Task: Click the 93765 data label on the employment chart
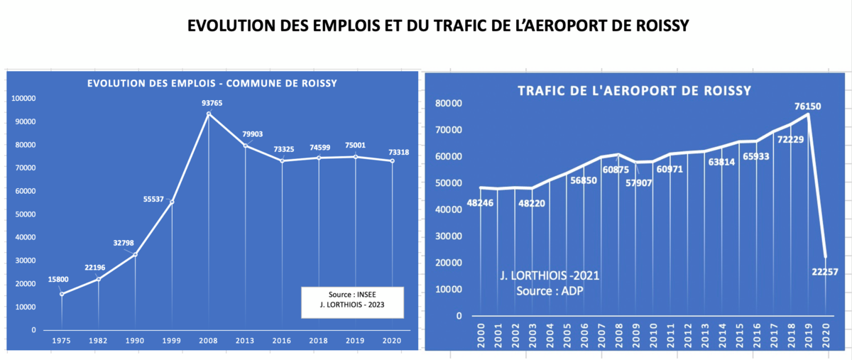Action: tap(209, 102)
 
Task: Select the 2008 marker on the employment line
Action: tap(209, 114)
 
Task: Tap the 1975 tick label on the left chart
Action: tap(62, 342)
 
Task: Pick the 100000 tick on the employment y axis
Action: tap(24, 99)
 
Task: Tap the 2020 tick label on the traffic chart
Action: tap(826, 333)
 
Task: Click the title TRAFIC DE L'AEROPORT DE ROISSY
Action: tap(635, 91)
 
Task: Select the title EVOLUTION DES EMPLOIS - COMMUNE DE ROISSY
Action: tap(212, 84)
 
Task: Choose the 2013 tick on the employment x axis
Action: tap(245, 342)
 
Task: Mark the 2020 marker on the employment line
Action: tap(392, 161)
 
